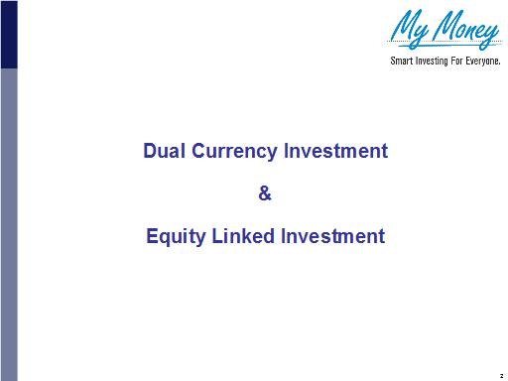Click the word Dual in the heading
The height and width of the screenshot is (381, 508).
161,152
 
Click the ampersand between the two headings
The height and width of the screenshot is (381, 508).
264,194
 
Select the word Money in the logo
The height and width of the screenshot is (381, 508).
462,33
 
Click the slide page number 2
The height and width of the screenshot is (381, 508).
500,369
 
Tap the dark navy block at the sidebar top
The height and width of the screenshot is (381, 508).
8,34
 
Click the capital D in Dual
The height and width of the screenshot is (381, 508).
150,152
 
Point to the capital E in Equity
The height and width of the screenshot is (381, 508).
152,237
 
